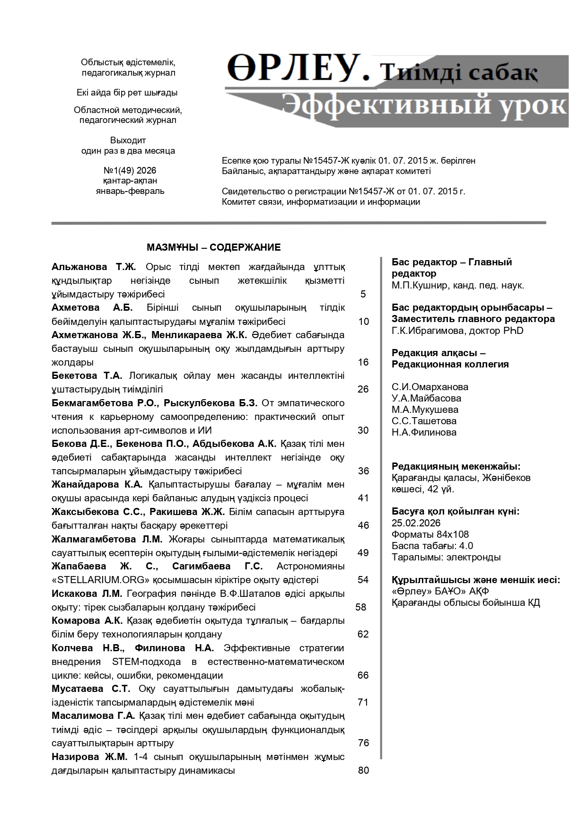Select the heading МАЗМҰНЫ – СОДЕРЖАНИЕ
pyautogui.click(x=213, y=247)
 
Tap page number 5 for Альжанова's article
pyautogui.click(x=363, y=294)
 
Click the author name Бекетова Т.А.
pyautogui.click(x=87, y=376)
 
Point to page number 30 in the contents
pyautogui.click(x=363, y=430)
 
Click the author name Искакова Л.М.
pyautogui.click(x=87, y=594)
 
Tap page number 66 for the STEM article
pyautogui.click(x=363, y=675)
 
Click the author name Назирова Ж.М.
pyautogui.click(x=89, y=757)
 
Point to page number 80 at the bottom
pyautogui.click(x=363, y=770)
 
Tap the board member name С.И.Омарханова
pyautogui.click(x=429, y=387)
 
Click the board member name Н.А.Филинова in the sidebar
pyautogui.click(x=424, y=432)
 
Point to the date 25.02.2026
pyautogui.click(x=416, y=523)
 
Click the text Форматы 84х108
pyautogui.click(x=430, y=534)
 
